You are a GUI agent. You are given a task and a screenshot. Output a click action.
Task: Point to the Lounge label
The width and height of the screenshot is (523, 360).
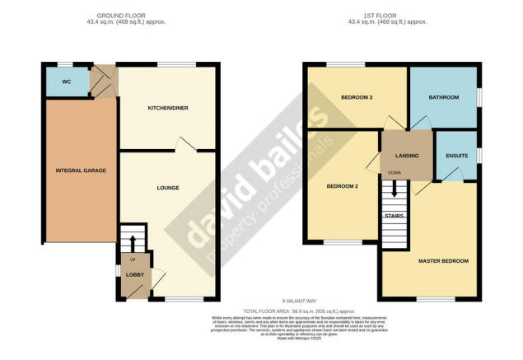click(x=168, y=188)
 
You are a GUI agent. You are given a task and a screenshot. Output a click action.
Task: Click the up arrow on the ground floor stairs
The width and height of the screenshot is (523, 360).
click(x=132, y=241)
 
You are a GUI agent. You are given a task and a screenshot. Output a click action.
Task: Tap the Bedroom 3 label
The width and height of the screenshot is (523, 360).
click(x=357, y=98)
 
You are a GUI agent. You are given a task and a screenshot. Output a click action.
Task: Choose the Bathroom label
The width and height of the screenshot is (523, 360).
click(x=445, y=98)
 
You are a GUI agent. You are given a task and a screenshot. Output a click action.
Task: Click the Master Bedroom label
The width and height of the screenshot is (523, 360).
click(x=442, y=261)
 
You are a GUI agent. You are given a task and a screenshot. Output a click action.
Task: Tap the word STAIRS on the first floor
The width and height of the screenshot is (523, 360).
click(x=395, y=216)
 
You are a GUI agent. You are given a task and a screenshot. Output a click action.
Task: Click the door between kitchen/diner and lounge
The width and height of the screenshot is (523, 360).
click(x=185, y=147)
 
